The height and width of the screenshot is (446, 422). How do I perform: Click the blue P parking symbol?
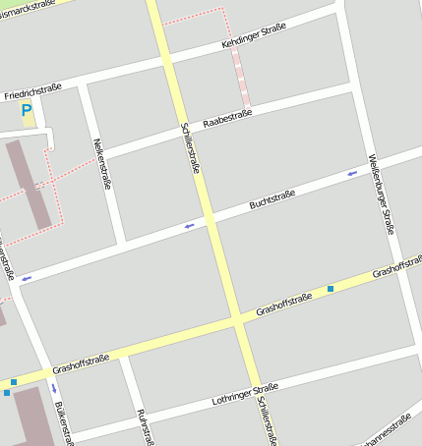27,110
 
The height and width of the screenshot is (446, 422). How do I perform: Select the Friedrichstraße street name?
32,91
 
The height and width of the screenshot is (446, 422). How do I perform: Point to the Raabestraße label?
227,119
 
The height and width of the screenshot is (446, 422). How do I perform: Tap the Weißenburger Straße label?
381,194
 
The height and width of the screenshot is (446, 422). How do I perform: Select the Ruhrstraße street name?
143,426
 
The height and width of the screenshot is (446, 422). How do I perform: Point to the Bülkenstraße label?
64,422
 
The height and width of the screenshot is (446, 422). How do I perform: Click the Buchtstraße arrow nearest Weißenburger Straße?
352,174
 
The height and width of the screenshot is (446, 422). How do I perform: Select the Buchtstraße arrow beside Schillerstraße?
189,226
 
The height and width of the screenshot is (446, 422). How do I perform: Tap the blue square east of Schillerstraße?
331,288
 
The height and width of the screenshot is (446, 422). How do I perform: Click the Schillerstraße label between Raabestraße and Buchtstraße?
191,148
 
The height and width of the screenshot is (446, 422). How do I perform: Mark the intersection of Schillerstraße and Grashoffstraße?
237,321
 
